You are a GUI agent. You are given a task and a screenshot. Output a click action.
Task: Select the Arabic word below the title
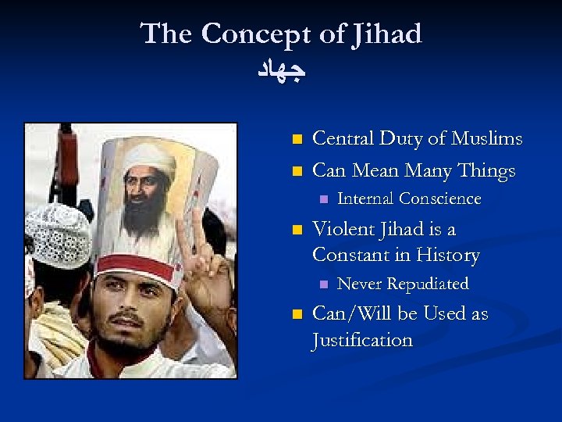point(281,71)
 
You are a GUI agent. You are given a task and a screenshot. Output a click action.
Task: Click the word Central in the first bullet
point(344,139)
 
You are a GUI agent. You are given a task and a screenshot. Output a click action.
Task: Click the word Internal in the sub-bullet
point(365,199)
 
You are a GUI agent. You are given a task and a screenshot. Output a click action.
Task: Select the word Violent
point(343,229)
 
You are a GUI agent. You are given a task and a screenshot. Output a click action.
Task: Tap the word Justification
point(362,340)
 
